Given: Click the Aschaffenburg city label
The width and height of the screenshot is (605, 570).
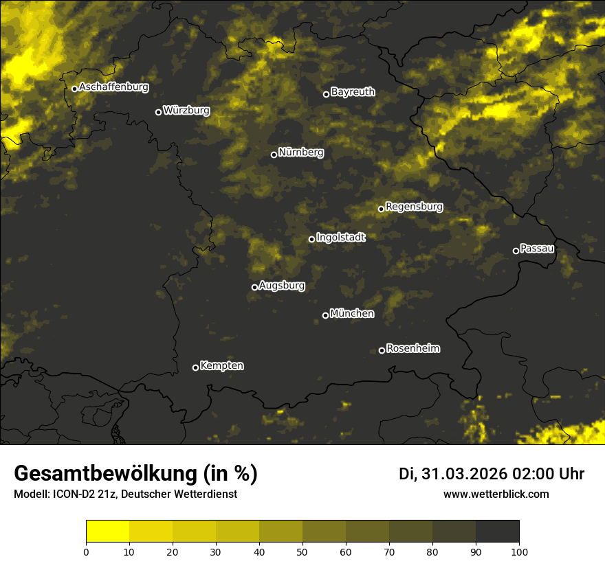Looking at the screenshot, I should click(113, 87).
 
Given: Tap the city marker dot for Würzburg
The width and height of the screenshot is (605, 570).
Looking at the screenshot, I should click(158, 112).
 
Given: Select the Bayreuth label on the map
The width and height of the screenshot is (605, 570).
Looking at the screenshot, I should click(353, 92).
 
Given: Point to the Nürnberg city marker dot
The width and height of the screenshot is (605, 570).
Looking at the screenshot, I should click(274, 155).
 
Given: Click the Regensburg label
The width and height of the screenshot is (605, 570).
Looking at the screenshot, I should click(414, 207).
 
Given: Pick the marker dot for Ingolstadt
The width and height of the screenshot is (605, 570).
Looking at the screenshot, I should click(311, 239).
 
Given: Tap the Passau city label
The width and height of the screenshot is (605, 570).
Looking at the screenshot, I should click(537, 249).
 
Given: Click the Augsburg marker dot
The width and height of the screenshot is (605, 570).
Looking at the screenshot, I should click(254, 287).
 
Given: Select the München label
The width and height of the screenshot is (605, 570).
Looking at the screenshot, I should click(352, 314).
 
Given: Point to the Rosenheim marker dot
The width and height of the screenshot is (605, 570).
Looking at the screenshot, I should click(382, 350).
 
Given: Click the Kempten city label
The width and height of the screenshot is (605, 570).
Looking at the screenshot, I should click(221, 366).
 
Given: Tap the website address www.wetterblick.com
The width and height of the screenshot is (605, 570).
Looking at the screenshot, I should click(496, 494).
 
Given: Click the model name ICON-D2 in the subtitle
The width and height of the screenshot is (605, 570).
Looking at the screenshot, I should click(76, 494).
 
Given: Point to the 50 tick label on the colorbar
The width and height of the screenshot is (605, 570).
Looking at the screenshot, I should click(302, 551).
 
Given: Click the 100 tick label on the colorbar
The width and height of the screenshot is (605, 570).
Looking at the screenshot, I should click(519, 551).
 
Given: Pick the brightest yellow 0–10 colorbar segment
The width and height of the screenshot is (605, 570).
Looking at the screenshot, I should click(108, 532).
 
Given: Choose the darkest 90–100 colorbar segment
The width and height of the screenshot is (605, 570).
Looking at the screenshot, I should click(497, 532).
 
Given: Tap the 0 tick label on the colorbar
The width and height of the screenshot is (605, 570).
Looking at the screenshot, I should click(86, 551).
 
